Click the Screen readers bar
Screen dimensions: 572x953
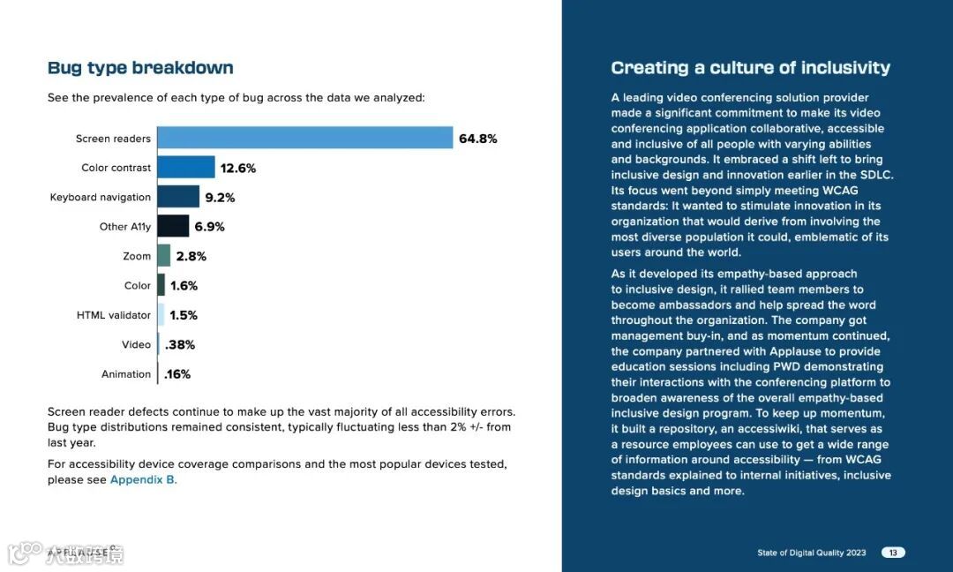[x=304, y=139]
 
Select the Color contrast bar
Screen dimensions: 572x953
[x=186, y=168]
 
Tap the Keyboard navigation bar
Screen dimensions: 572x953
[x=178, y=197]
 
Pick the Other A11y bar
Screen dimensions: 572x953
[x=173, y=227]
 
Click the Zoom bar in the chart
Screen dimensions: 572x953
[x=163, y=256]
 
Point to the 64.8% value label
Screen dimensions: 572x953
[x=477, y=139]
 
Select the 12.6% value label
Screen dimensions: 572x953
[x=238, y=168]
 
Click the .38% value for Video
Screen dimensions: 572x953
[x=180, y=344]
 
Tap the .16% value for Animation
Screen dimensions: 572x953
[x=177, y=374]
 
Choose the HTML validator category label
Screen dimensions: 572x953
[x=114, y=315]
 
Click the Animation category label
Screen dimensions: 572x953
[x=126, y=374]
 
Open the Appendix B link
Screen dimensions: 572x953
[x=142, y=479]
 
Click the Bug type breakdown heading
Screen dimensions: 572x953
[x=140, y=68]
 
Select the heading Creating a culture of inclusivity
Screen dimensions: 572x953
[x=750, y=68]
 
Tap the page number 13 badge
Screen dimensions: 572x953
[x=893, y=553]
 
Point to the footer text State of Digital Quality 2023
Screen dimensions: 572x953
[x=812, y=553]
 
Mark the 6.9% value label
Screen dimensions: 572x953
[x=210, y=227]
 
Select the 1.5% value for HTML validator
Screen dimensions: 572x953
[x=184, y=315]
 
